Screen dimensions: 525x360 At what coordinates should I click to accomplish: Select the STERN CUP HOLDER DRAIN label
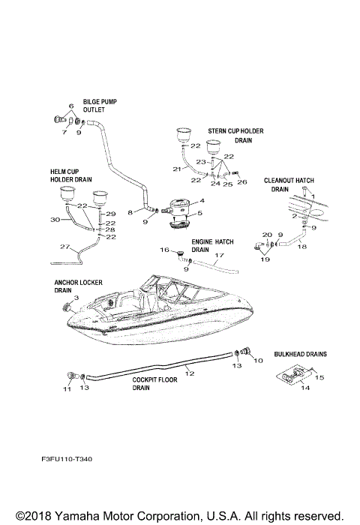(230, 135)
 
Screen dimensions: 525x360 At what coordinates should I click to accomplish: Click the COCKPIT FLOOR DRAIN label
(154, 384)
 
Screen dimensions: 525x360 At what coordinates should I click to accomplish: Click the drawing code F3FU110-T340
(67, 457)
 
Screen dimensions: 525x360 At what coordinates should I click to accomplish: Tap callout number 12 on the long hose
(189, 372)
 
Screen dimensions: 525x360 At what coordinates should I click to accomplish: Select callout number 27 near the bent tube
(65, 247)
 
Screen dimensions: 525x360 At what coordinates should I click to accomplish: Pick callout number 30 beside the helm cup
(53, 220)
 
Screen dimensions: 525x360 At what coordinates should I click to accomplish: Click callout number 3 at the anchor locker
(75, 298)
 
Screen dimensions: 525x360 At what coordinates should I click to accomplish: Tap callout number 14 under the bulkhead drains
(305, 388)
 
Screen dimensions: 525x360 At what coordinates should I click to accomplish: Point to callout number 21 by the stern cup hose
(177, 169)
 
